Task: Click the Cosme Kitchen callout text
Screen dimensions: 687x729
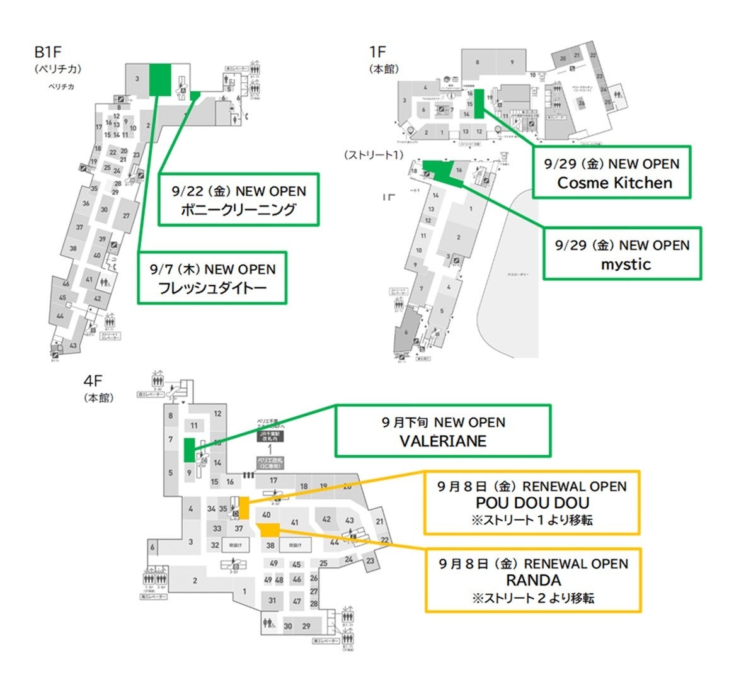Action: [x=614, y=183]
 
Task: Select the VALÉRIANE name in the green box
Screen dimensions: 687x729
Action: [x=443, y=441]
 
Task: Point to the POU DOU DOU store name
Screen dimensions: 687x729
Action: [x=532, y=503]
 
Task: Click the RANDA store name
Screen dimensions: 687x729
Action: [x=533, y=580]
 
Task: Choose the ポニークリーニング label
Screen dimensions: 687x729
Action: [x=238, y=210]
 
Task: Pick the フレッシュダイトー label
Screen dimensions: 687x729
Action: [x=213, y=288]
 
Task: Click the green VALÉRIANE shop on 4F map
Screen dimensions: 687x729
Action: [x=188, y=450]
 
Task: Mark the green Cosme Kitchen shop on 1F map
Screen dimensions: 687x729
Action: [x=478, y=104]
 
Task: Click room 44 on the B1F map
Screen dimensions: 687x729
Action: [x=60, y=316]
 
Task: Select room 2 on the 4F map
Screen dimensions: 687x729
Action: [x=195, y=580]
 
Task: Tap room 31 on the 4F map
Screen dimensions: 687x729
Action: [x=272, y=600]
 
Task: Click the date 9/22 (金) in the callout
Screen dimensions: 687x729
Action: [x=201, y=191]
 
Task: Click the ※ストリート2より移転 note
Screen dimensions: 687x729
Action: [x=533, y=598]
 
